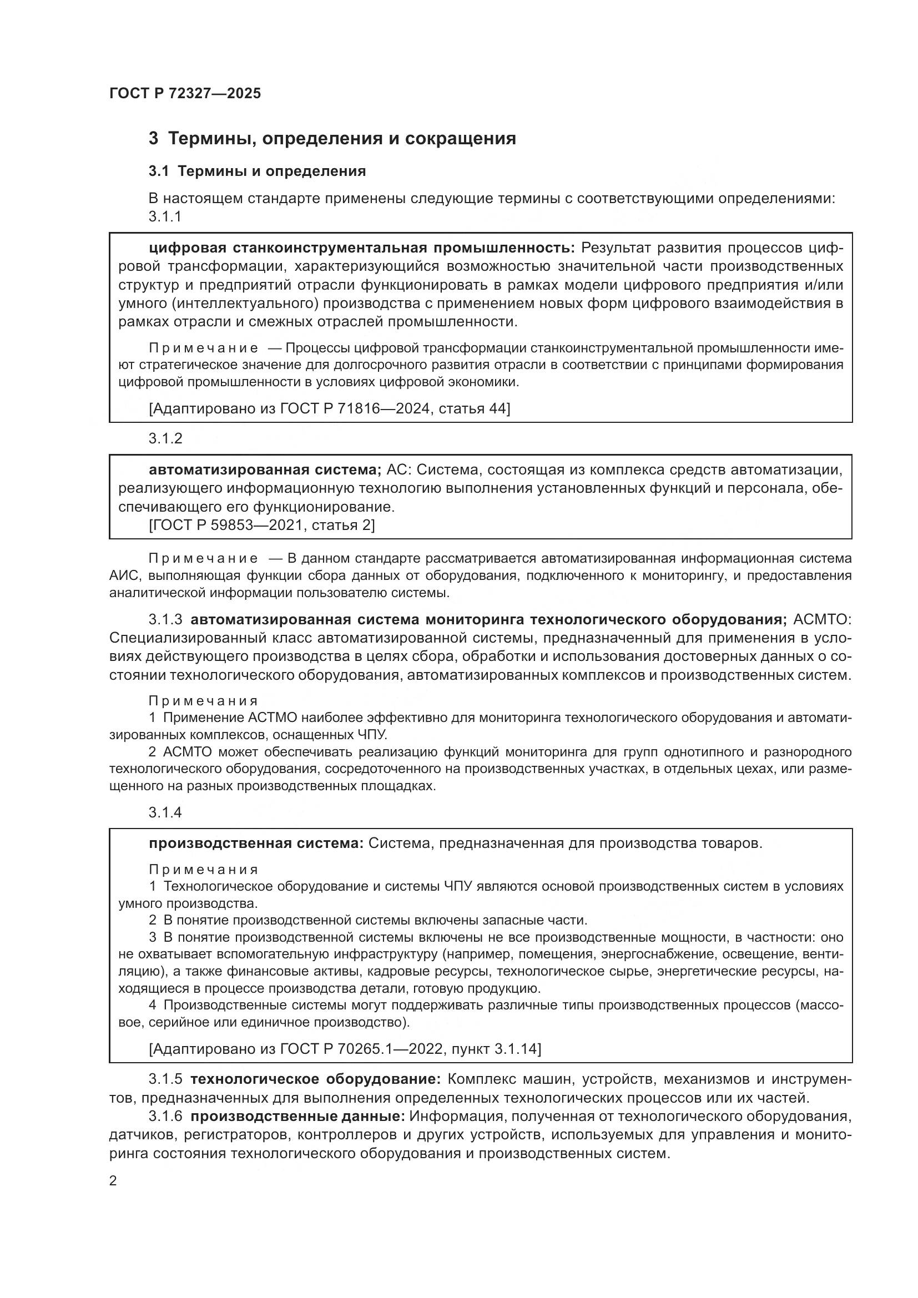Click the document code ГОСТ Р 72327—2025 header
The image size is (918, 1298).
[x=185, y=93]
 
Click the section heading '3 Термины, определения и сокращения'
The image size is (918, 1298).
[x=332, y=139]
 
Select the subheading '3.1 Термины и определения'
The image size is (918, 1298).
[x=257, y=171]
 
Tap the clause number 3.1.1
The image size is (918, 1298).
[x=164, y=216]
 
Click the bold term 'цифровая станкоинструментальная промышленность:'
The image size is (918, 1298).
[x=362, y=248]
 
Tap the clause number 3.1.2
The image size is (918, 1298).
[x=165, y=439]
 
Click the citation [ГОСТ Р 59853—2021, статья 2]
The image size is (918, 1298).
[x=262, y=524]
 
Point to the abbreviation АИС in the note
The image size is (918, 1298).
[x=120, y=575]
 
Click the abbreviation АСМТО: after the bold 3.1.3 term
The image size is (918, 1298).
[x=823, y=620]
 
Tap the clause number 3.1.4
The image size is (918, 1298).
[x=165, y=812]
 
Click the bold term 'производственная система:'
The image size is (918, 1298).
[x=256, y=843]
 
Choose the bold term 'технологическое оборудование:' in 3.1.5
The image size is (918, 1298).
[x=315, y=1079]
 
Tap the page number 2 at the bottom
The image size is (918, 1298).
[x=113, y=1181]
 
